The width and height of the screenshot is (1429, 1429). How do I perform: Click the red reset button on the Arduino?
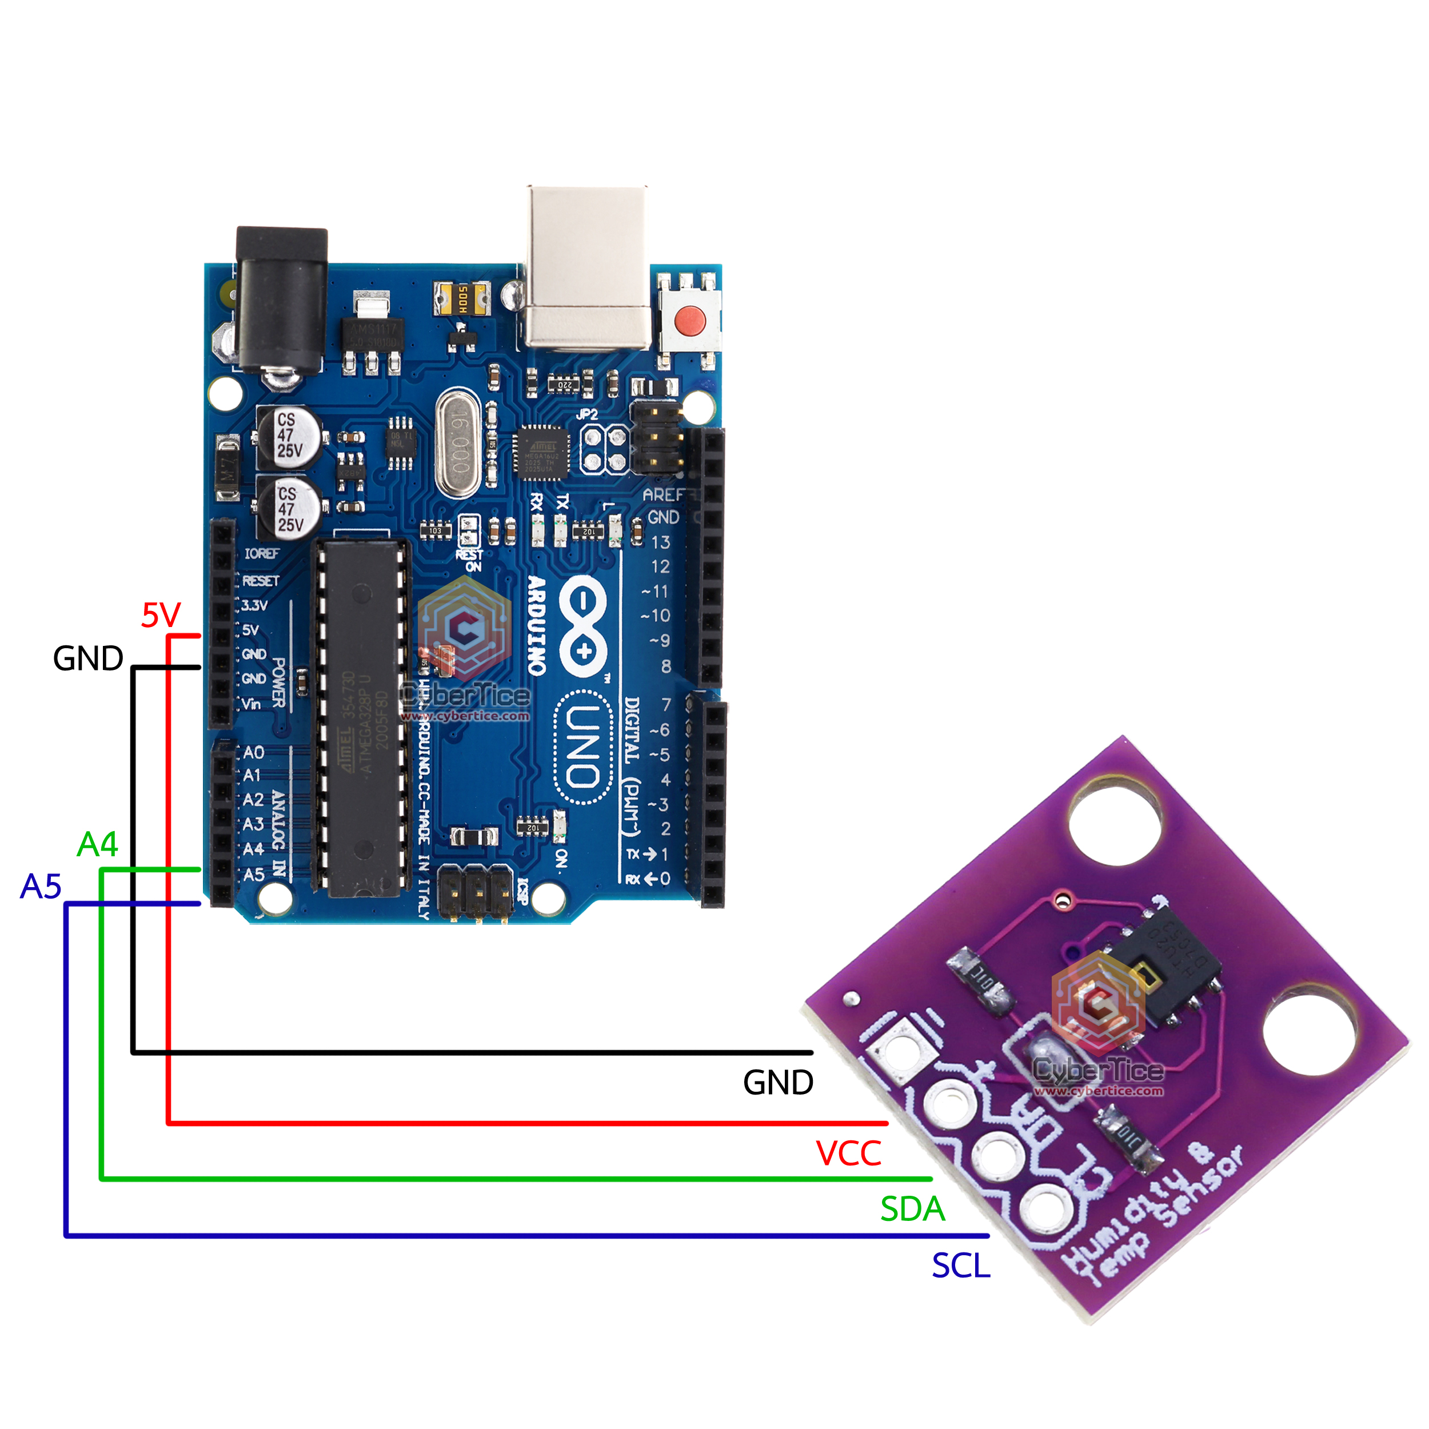[689, 320]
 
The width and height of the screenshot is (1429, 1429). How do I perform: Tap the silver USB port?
[588, 266]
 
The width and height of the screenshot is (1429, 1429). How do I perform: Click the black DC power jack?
[281, 300]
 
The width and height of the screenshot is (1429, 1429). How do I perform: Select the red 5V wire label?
[161, 616]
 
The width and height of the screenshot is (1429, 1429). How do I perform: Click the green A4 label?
[98, 844]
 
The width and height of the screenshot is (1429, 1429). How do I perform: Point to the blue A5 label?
[41, 886]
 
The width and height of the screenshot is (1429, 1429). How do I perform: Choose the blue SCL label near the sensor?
[960, 1266]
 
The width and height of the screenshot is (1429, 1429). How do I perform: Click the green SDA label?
[912, 1210]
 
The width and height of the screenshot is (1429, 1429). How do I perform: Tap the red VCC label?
[848, 1153]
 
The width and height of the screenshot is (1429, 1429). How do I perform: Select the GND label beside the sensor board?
[777, 1083]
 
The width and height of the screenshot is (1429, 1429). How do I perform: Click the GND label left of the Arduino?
[88, 658]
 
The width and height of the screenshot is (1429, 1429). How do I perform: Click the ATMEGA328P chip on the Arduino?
[362, 717]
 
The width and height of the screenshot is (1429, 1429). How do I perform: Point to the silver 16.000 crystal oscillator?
[460, 444]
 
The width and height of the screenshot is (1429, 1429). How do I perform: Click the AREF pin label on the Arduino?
[662, 494]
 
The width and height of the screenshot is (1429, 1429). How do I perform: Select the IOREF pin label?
[262, 553]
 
